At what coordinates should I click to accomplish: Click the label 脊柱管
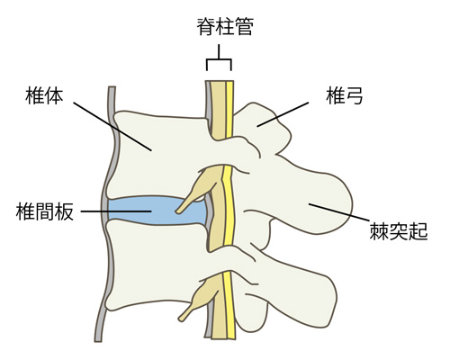(225, 26)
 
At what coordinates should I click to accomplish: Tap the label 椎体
(44, 95)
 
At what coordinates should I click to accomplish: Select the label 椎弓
(345, 95)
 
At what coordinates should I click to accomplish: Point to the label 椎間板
(45, 211)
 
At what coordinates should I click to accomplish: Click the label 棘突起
(399, 231)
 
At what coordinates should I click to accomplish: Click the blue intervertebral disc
(156, 211)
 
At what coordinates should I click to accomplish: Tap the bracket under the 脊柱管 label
(219, 58)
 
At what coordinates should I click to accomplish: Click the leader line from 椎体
(112, 126)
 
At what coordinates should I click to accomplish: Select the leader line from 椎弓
(283, 114)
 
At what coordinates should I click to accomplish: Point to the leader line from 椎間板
(116, 211)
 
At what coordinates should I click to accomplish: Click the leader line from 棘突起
(338, 212)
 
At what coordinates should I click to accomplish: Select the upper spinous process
(312, 195)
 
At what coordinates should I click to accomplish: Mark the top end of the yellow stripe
(229, 82)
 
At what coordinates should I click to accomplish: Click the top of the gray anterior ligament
(112, 87)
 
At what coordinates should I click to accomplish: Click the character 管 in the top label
(245, 26)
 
